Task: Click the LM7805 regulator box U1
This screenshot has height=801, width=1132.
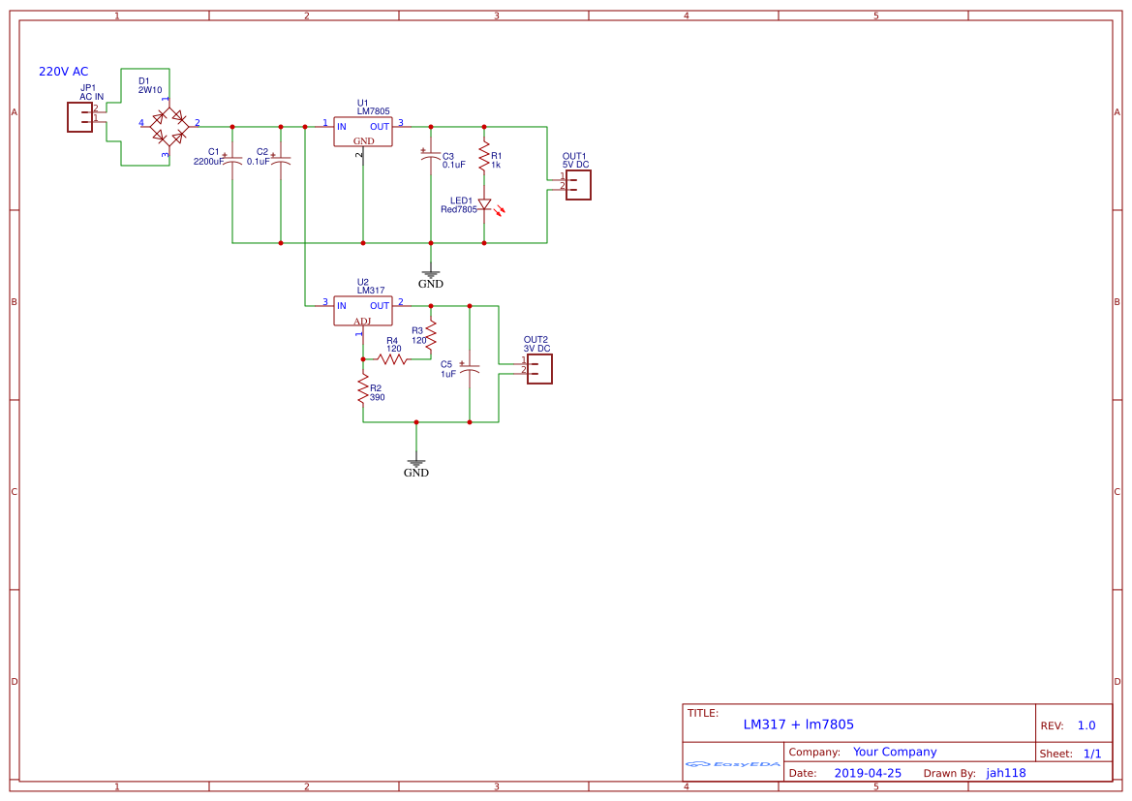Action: pos(363,132)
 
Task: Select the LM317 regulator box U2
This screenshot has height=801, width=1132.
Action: pos(363,311)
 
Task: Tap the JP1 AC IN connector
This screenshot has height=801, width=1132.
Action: pos(79,117)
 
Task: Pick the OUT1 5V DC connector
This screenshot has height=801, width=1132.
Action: pos(578,184)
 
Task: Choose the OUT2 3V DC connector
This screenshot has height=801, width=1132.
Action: pos(539,368)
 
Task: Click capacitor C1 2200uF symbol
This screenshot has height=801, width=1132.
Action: pos(232,159)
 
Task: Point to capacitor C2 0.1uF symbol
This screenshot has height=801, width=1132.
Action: pos(281,160)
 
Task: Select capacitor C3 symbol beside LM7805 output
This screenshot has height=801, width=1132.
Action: pos(431,157)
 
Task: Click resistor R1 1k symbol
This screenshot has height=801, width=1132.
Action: pos(484,155)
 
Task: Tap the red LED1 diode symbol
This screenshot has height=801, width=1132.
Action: pos(484,205)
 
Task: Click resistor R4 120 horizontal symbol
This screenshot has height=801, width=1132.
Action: pos(392,358)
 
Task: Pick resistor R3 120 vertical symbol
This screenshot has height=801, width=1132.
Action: pos(431,336)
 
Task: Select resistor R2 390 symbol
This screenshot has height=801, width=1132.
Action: pos(363,389)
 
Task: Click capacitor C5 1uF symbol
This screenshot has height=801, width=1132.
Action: pos(470,369)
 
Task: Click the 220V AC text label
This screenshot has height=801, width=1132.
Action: pos(63,72)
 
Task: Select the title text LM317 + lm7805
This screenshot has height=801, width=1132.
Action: pos(798,724)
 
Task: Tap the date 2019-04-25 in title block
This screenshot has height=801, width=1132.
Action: pos(867,773)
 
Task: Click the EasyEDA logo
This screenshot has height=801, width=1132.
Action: pos(732,764)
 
